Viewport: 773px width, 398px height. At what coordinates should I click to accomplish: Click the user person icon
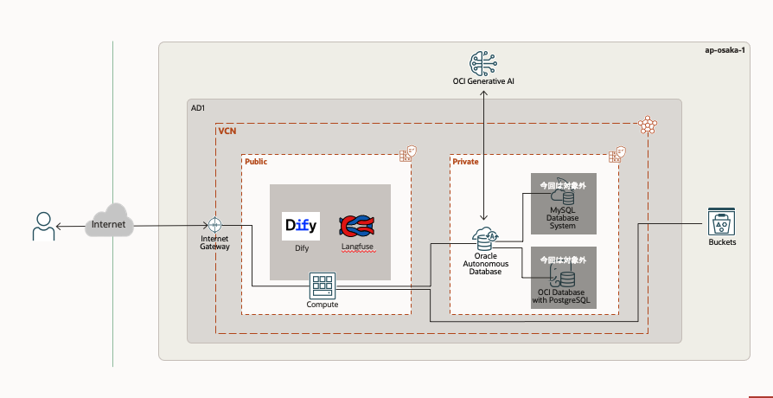pyautogui.click(x=42, y=226)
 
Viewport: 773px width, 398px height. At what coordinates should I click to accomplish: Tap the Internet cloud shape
pyautogui.click(x=108, y=224)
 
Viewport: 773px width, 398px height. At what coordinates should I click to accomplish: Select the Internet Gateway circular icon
pyautogui.click(x=214, y=225)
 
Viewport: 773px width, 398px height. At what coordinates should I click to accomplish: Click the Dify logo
pyautogui.click(x=301, y=226)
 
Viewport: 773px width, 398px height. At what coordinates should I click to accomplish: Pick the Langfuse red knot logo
pyautogui.click(x=355, y=227)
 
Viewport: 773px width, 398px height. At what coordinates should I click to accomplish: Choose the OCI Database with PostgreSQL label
pyautogui.click(x=563, y=297)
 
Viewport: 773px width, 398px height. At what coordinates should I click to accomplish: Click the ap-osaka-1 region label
pyautogui.click(x=725, y=50)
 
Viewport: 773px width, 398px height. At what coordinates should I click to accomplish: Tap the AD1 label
pyautogui.click(x=198, y=107)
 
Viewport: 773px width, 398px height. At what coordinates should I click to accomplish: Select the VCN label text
pyautogui.click(x=227, y=132)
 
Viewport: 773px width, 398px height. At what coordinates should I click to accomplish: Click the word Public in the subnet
pyautogui.click(x=256, y=161)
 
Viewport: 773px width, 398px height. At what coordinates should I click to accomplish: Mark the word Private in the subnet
pyautogui.click(x=465, y=161)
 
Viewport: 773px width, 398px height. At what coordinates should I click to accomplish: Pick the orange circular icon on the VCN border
pyautogui.click(x=647, y=125)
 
